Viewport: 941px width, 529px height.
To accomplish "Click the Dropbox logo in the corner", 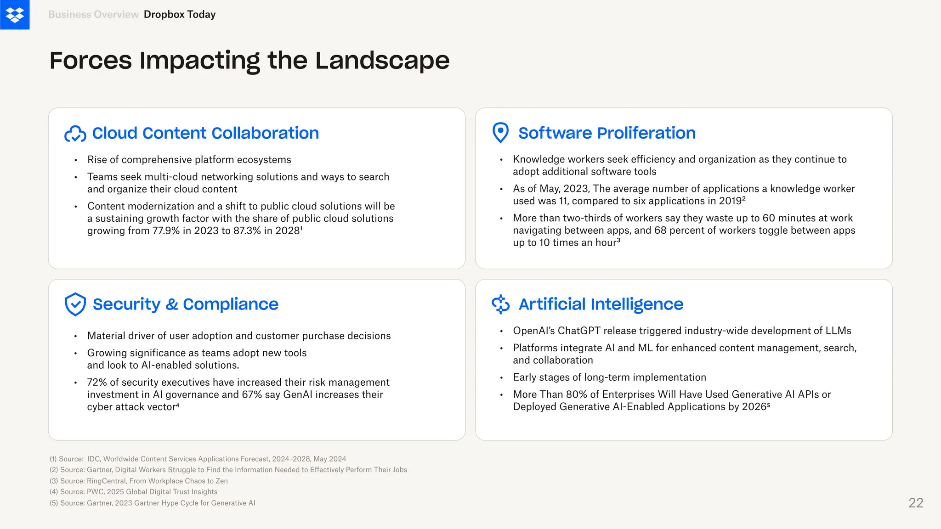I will coord(15,15).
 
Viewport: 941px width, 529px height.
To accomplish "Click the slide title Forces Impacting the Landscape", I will coord(249,61).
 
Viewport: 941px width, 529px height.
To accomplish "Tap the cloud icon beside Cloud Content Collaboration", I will coord(75,134).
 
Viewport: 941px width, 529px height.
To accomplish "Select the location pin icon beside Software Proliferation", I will coord(500,133).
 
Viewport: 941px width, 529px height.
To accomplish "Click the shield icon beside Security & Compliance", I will coord(75,304).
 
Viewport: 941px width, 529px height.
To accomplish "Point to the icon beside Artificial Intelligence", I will coord(500,304).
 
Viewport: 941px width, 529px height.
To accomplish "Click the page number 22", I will coord(915,503).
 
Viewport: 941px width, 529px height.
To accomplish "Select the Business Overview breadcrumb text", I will coord(93,15).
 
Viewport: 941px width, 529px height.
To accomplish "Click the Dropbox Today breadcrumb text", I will coord(180,15).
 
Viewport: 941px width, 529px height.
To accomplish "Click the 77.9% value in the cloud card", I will coord(166,231).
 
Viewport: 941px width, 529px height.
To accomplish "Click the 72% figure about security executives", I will coord(97,383).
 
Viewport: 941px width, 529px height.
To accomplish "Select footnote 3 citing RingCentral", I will coord(139,481).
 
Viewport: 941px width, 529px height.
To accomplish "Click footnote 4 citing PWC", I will coord(133,492).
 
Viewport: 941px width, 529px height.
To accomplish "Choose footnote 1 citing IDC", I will coord(198,459).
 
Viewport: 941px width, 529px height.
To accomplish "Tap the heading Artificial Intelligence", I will coord(601,304).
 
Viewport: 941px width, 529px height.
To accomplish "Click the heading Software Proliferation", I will coord(607,133).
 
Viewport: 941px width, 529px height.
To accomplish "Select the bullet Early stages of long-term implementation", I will coord(609,377).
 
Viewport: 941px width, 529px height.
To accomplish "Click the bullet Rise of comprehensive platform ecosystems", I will coord(189,160).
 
